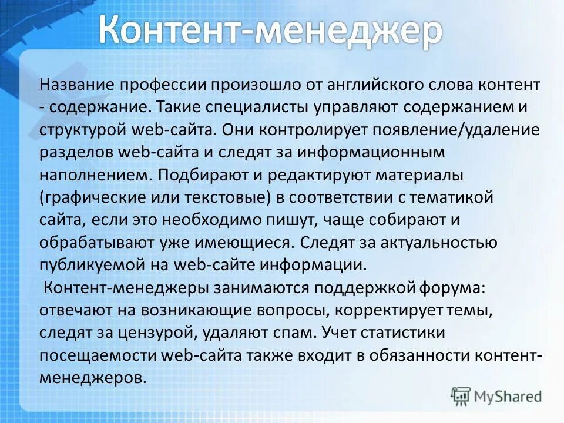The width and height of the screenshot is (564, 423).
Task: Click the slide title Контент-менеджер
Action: pos(270,31)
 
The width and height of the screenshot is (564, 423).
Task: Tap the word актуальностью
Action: pos(431,242)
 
